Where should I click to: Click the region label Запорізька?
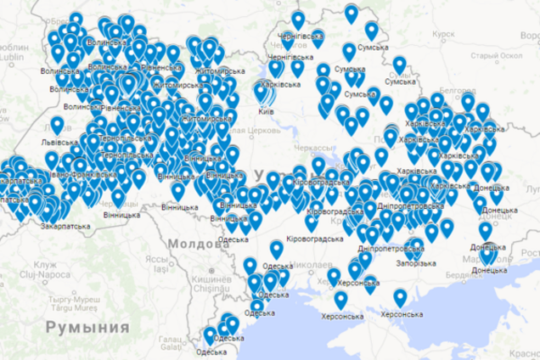tap(417, 262)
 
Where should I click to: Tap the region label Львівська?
tap(58, 143)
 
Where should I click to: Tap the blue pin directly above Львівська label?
tap(57, 127)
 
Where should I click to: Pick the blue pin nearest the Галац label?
tap(209, 336)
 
